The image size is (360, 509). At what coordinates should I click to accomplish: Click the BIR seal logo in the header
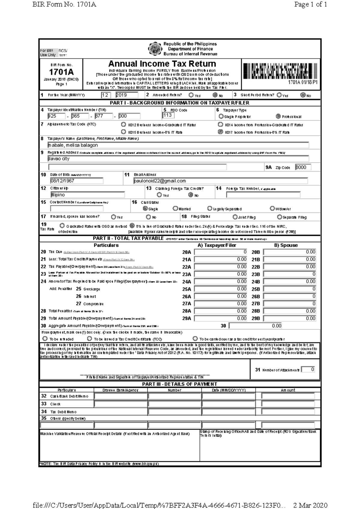155,49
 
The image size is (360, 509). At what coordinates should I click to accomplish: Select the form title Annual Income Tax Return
162,64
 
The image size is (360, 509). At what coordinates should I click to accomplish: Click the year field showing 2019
126,95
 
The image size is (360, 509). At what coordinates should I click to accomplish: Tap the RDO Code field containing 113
168,115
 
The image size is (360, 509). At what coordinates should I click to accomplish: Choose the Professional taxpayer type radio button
278,116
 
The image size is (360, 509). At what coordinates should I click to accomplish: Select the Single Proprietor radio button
221,116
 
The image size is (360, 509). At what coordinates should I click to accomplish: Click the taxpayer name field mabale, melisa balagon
178,145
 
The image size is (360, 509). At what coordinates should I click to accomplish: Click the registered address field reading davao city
178,159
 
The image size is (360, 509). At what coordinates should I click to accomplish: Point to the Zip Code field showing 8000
303,167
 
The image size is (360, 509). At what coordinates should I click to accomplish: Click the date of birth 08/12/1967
76,181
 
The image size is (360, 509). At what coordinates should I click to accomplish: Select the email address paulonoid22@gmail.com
220,181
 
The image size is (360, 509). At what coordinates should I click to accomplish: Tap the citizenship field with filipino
87,195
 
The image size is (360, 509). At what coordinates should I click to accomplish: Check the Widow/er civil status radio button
272,208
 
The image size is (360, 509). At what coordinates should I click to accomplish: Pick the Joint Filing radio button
235,217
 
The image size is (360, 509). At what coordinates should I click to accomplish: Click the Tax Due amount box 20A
221,252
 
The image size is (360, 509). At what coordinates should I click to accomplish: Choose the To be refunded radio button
45,339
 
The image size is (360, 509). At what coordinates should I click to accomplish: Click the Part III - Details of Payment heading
179,384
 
